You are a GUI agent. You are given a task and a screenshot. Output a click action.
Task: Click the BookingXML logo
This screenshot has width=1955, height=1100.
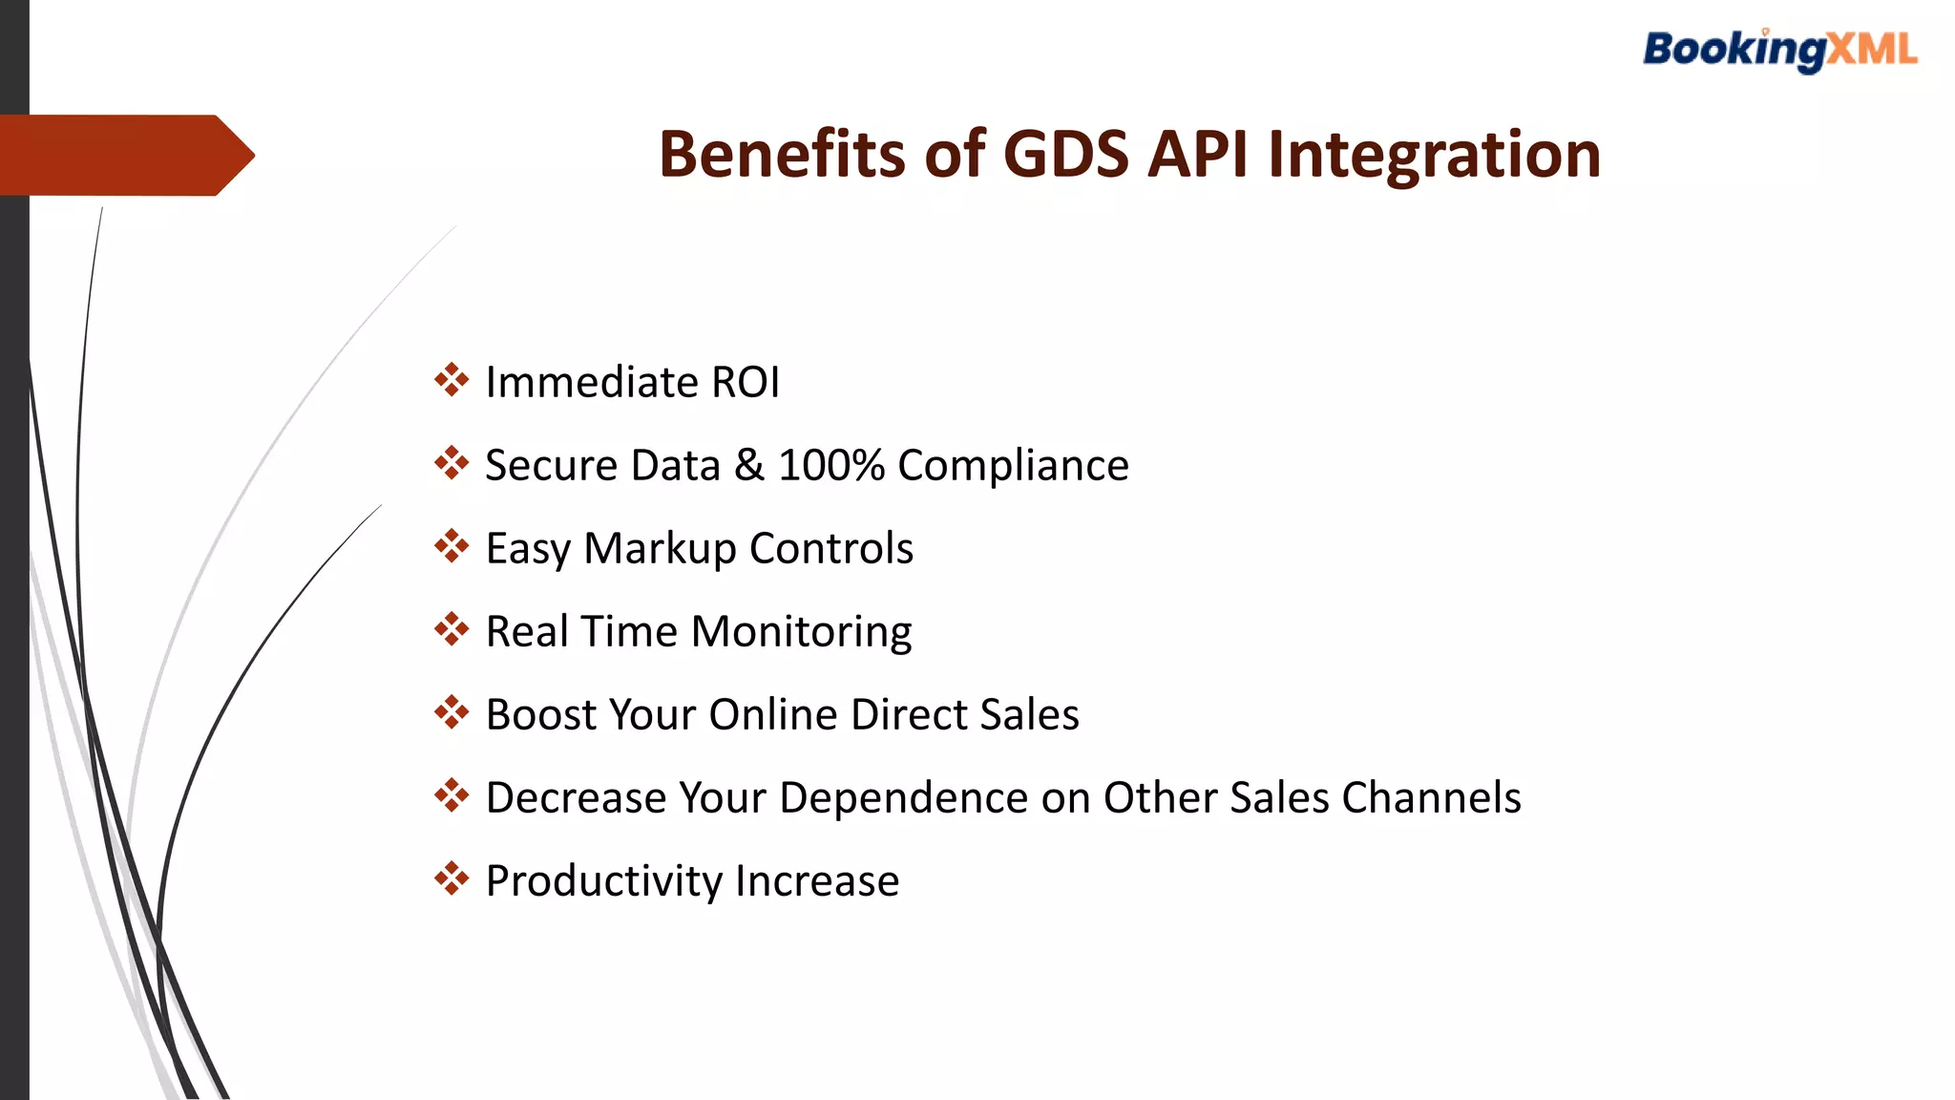click(x=1779, y=50)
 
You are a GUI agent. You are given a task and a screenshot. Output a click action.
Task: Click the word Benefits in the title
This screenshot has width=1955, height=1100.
click(x=781, y=155)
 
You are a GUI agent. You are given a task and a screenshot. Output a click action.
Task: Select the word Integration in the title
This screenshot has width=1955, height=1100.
click(x=1434, y=155)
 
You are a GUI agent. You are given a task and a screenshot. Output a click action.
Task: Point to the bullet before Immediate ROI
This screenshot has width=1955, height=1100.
click(x=452, y=380)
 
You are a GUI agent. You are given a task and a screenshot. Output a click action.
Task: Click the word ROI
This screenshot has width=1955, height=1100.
click(x=746, y=383)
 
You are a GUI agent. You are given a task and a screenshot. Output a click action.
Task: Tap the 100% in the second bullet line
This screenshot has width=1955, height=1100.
click(x=831, y=466)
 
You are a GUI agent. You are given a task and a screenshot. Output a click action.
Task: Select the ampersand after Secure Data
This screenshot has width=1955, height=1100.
click(x=749, y=466)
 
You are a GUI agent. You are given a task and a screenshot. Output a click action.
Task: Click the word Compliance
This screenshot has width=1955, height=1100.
click(x=1013, y=466)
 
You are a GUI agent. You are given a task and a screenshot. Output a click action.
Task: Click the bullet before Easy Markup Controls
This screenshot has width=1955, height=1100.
click(x=452, y=546)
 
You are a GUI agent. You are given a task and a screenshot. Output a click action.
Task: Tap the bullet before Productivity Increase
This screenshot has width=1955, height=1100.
click(x=452, y=878)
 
